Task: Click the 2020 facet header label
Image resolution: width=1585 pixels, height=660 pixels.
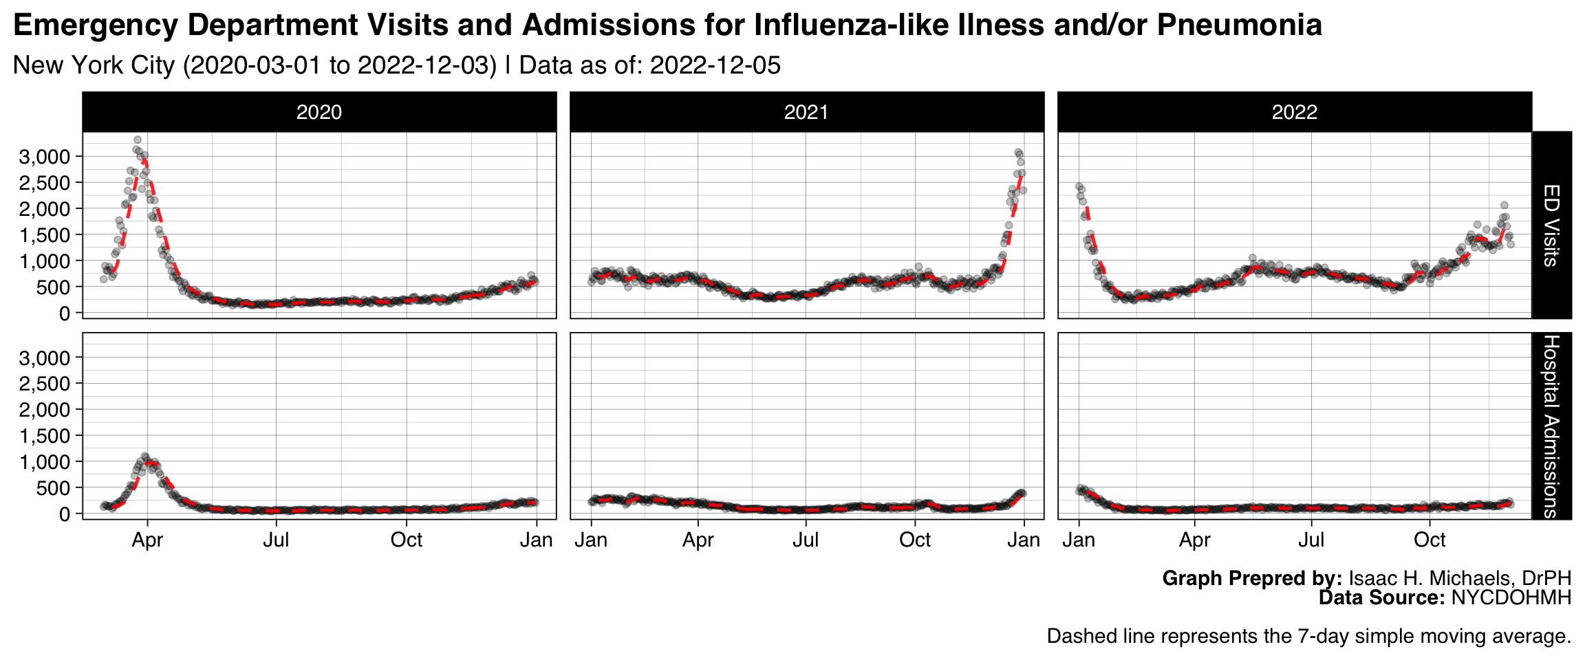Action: (319, 112)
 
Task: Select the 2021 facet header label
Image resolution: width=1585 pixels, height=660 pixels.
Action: (806, 112)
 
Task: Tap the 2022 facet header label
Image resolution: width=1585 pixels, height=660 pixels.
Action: (1294, 112)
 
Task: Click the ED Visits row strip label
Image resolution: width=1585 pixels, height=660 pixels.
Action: (1551, 225)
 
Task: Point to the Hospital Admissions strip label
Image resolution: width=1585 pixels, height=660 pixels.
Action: (1551, 426)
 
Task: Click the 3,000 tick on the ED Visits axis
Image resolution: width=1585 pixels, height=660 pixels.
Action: (45, 157)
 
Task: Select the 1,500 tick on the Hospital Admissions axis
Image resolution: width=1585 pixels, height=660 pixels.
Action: (45, 435)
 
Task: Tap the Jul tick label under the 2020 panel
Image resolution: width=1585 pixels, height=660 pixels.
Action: (276, 540)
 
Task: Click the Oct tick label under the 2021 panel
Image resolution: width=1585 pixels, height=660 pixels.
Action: (915, 540)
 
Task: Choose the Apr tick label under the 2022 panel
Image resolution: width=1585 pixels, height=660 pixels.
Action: (1195, 540)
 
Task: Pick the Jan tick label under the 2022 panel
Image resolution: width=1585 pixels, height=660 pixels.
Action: (1079, 540)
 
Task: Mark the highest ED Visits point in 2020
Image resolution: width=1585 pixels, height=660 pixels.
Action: (138, 140)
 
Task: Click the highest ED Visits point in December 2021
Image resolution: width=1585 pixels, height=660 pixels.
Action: (1018, 152)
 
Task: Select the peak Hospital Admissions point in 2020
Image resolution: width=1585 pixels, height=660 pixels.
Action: (144, 456)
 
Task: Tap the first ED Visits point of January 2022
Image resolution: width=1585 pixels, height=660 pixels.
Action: (1079, 186)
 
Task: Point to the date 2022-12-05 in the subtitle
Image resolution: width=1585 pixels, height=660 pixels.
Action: (715, 65)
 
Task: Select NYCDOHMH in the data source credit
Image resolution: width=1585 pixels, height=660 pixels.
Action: (1511, 597)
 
